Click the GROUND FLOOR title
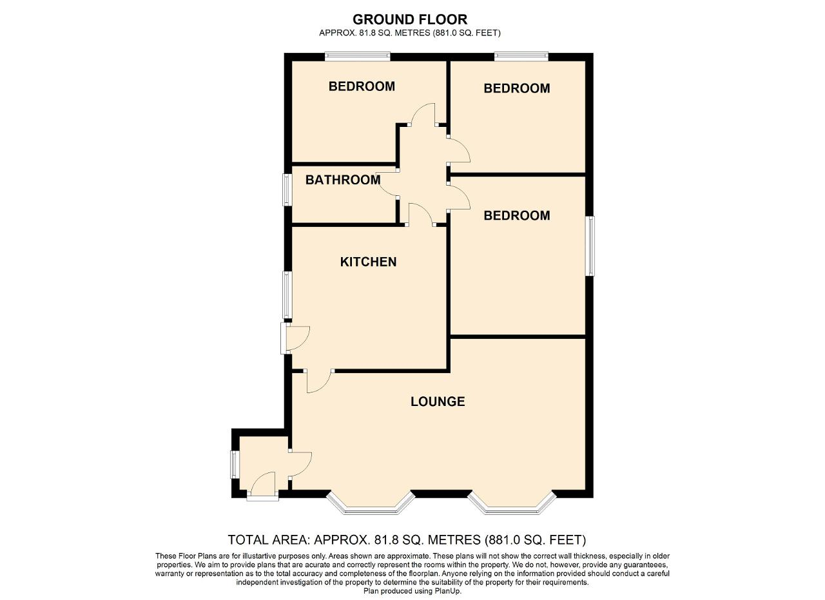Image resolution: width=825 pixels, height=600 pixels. (409, 19)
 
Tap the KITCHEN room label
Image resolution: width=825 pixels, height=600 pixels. (368, 262)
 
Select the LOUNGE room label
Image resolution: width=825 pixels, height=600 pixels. (438, 402)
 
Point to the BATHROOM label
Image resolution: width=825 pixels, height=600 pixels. (342, 180)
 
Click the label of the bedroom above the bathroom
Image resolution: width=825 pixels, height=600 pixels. (362, 86)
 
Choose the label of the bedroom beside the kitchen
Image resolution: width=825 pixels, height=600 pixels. (517, 215)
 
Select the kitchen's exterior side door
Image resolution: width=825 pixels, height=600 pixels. (295, 338)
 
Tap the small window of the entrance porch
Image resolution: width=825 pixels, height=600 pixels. (233, 465)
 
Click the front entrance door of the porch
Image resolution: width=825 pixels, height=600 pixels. (262, 486)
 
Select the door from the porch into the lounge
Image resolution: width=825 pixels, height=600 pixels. (300, 464)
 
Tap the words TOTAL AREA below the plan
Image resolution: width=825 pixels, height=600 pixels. (268, 540)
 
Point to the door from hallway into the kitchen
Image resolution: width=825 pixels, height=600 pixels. (421, 214)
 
